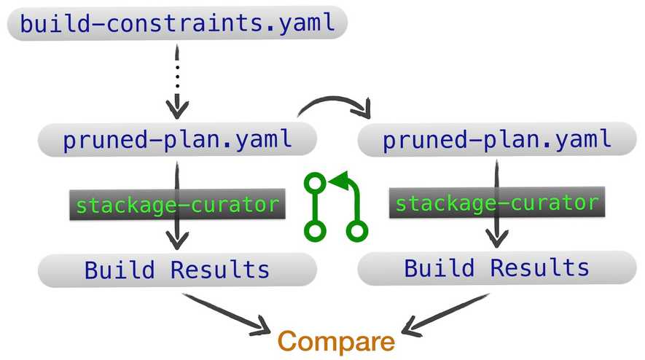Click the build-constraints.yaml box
click(x=177, y=24)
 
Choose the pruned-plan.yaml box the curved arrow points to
click(x=496, y=140)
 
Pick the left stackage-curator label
click(x=177, y=205)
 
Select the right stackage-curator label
click(x=496, y=202)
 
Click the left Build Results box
click(x=177, y=270)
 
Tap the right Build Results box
click(x=496, y=267)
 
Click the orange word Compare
click(x=336, y=341)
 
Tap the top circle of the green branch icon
click(x=314, y=181)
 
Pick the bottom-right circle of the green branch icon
click(x=356, y=232)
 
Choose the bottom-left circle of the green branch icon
click(x=314, y=232)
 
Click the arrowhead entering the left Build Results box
click(x=177, y=241)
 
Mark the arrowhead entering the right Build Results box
click(x=498, y=238)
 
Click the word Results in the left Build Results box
click(x=220, y=270)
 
